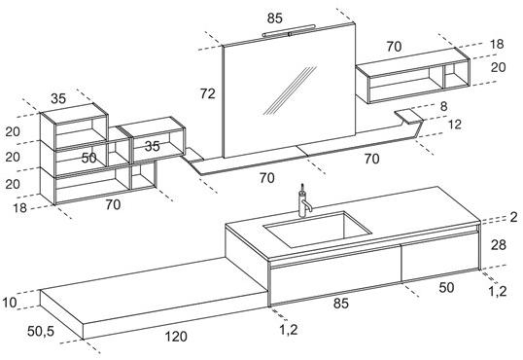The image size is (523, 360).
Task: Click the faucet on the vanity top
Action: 303,201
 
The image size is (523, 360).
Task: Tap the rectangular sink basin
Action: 318,229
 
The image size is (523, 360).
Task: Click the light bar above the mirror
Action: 289,30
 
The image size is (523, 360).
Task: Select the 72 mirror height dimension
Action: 207,93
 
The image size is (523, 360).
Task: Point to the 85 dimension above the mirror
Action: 274,18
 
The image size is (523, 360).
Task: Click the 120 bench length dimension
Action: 176,337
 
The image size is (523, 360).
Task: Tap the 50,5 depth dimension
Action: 41,331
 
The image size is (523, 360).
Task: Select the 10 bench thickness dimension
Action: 10,303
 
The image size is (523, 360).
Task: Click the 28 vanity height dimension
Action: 499,245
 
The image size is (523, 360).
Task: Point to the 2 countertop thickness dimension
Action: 513,217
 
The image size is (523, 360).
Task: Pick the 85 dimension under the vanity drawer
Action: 340,304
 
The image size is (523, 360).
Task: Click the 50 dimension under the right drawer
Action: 446,287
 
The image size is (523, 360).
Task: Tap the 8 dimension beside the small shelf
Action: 443,106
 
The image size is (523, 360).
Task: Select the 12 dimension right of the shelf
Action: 454,125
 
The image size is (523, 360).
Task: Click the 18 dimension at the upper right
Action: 497,44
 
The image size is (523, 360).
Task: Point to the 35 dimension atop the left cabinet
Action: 58,98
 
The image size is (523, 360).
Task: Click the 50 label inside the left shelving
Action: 89,158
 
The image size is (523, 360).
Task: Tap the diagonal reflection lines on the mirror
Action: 290,90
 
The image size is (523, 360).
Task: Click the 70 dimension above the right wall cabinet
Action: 394,47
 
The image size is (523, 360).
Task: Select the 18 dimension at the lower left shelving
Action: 19,208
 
